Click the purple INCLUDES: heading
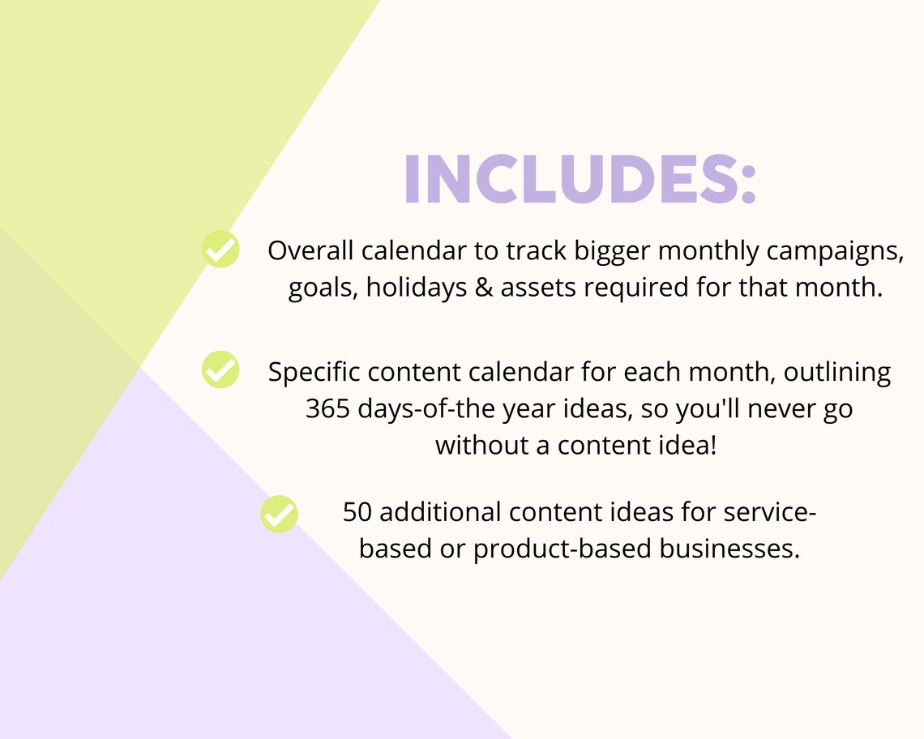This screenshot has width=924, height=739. (580, 178)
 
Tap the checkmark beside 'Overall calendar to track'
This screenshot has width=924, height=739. (220, 249)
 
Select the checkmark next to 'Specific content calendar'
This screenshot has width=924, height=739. (220, 369)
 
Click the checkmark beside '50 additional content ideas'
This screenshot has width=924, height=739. (280, 514)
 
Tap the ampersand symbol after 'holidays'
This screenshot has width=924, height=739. (483, 288)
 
